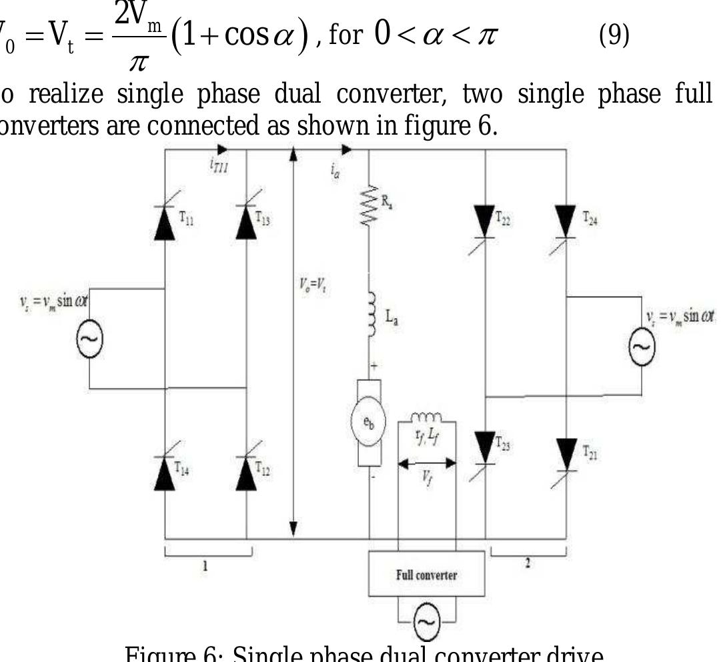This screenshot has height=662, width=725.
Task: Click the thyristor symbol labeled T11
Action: (x=165, y=223)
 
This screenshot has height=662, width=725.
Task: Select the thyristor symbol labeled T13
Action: (x=247, y=223)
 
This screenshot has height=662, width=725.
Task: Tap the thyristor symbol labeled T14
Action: (x=165, y=471)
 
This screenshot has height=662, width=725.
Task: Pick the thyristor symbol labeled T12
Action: (x=247, y=471)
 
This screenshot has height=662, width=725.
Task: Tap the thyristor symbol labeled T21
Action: (x=566, y=453)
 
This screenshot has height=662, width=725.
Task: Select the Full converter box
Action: (x=427, y=575)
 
